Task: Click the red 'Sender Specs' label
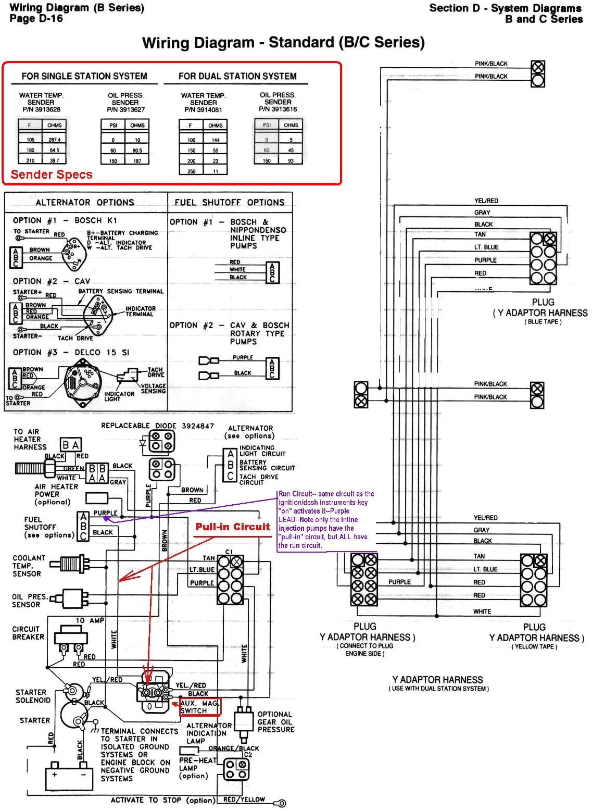52,174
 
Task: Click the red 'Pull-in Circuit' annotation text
233,527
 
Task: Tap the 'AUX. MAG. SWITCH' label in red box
199,707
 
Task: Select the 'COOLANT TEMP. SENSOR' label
29,566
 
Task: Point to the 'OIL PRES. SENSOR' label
29,601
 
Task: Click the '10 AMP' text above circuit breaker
90,620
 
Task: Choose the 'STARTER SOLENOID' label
33,696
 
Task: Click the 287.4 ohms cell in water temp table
55,140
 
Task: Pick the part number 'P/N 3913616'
278,109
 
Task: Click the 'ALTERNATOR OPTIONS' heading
85,203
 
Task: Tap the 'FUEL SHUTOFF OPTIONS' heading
230,203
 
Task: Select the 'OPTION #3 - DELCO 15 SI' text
71,353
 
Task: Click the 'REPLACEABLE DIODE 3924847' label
157,426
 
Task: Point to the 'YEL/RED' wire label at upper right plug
486,201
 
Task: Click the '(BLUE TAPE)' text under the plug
543,322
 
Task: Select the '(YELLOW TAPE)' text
534,646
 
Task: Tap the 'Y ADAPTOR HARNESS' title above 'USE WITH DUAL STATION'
437,680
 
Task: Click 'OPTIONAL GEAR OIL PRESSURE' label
275,722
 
